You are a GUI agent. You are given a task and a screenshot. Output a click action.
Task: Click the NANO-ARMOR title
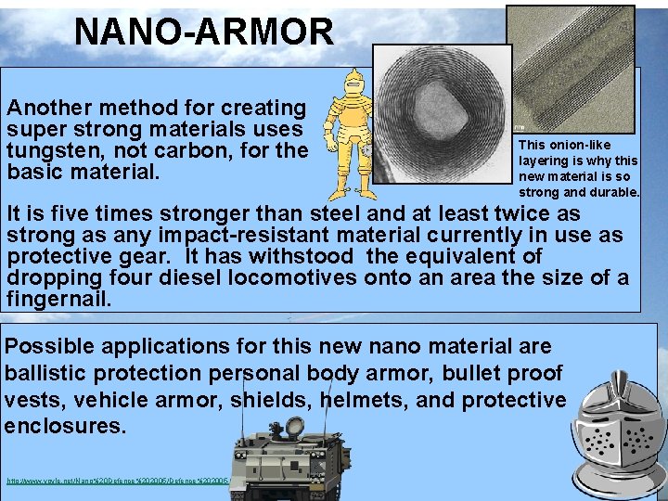click(x=203, y=32)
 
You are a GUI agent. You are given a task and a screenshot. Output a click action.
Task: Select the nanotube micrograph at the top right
click(x=570, y=69)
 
